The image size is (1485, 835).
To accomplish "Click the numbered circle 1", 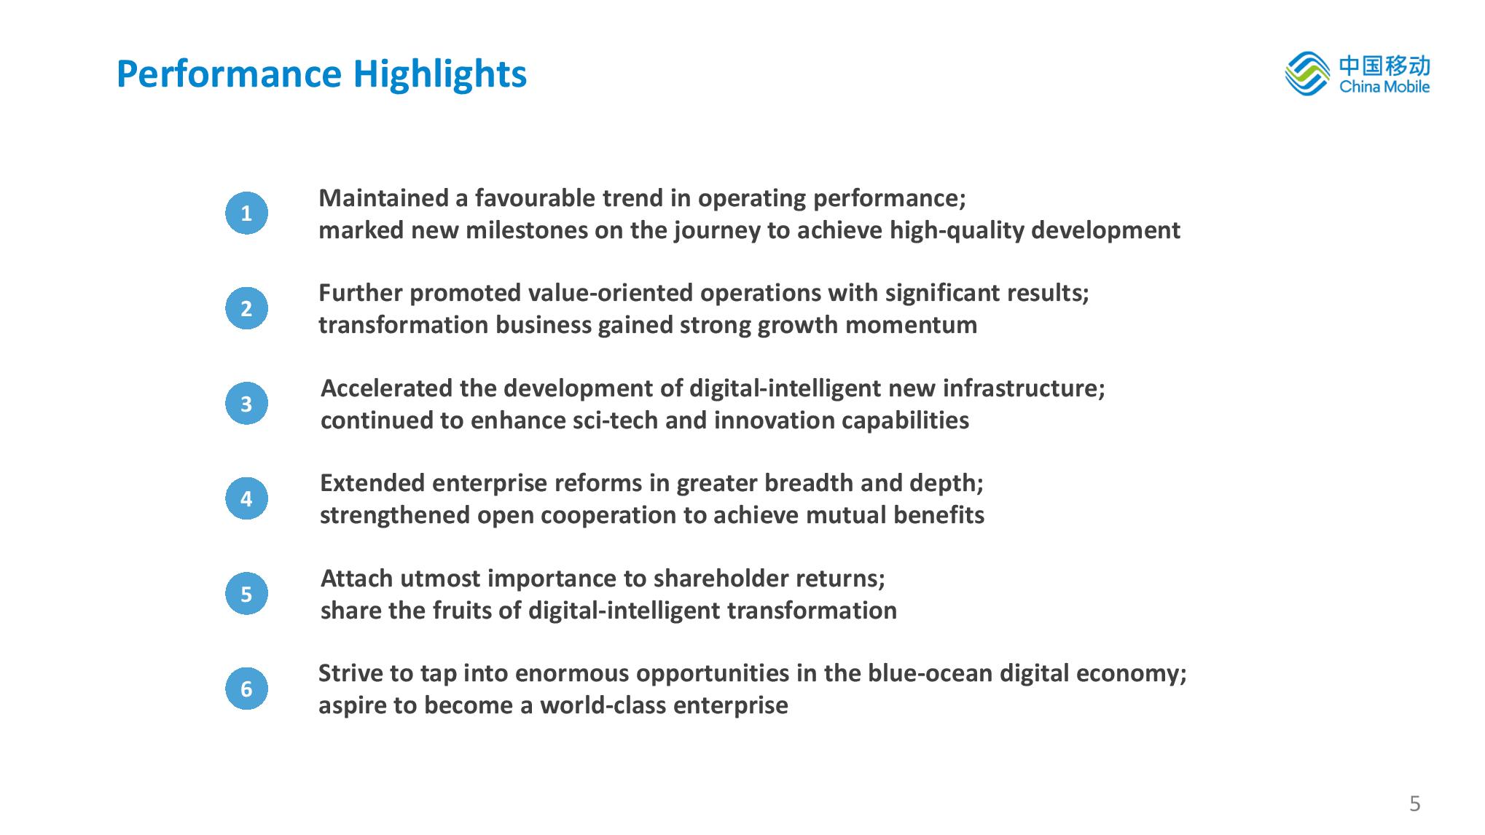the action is [246, 213].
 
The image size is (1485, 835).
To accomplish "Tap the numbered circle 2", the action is [246, 308].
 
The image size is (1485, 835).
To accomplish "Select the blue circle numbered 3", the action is [246, 404].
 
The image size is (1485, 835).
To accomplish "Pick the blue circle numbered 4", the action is [246, 498].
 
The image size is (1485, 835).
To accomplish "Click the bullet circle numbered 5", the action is [246, 594].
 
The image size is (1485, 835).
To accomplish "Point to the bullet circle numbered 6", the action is [246, 689].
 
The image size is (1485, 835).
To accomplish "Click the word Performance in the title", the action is [229, 74].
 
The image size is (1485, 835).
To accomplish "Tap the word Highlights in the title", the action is [440, 74].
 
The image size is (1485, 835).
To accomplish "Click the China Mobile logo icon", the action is [1308, 74].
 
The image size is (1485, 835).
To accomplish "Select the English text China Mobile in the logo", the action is [1384, 87].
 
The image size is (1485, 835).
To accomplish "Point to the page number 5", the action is [1415, 804].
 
